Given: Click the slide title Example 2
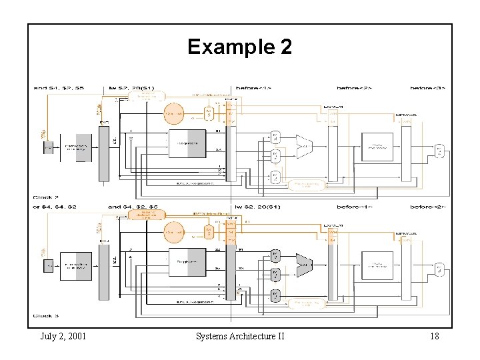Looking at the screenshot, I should pos(239,47).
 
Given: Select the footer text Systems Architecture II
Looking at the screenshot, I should pos(240,336).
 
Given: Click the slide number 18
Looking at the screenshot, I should pos(434,336).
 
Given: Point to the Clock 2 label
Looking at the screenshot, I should pos(46,197).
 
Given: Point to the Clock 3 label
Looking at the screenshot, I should pos(46,315).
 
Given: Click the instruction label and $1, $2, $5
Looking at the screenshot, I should pos(59,88).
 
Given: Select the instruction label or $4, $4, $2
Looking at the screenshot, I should pos(54,207).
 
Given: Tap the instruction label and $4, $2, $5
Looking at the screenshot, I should pos(133,207).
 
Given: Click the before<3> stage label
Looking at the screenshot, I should pos(427,88).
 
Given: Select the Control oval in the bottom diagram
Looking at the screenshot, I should pos(173,232).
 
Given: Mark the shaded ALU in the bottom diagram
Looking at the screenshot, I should pos(303,265).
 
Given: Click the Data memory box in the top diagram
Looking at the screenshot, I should pos(377,147).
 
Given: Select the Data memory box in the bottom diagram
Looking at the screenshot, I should pos(377,265).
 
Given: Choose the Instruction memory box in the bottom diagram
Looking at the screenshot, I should pos(75,265).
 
